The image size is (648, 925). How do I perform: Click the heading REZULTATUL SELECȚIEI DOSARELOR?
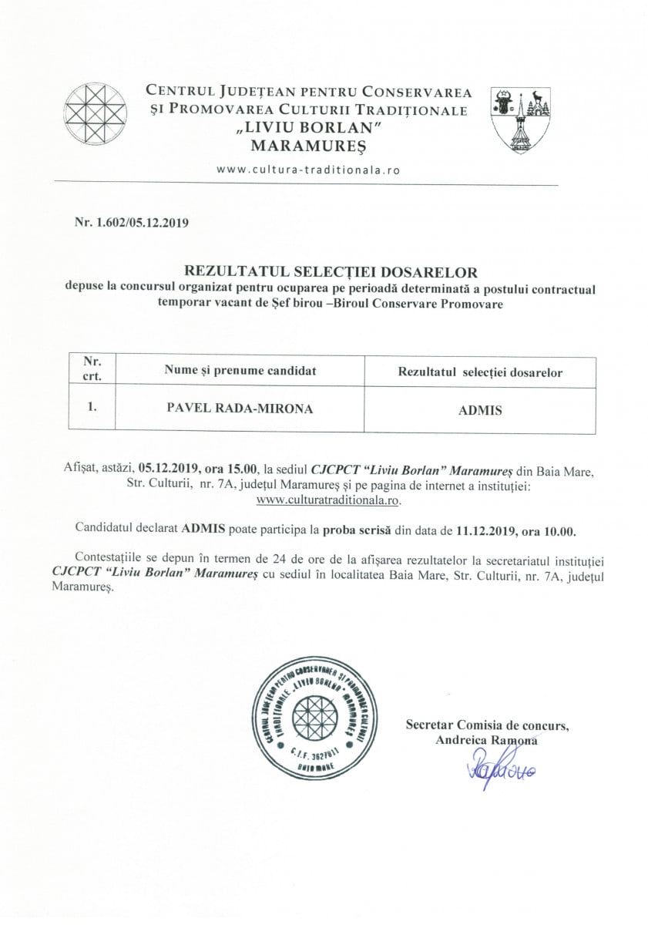coord(331,271)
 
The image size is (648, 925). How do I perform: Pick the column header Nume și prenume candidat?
coord(240,371)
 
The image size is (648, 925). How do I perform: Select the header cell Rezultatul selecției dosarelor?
coord(479,372)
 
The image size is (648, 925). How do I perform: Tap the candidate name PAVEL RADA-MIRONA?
coord(240,409)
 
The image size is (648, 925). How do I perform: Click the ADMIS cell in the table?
coord(479,410)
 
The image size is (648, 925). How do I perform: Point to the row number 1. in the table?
coord(91,409)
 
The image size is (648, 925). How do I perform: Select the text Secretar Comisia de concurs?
coord(487,725)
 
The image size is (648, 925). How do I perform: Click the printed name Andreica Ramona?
coord(485,740)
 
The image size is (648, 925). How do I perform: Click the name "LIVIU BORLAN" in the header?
coord(308,127)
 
